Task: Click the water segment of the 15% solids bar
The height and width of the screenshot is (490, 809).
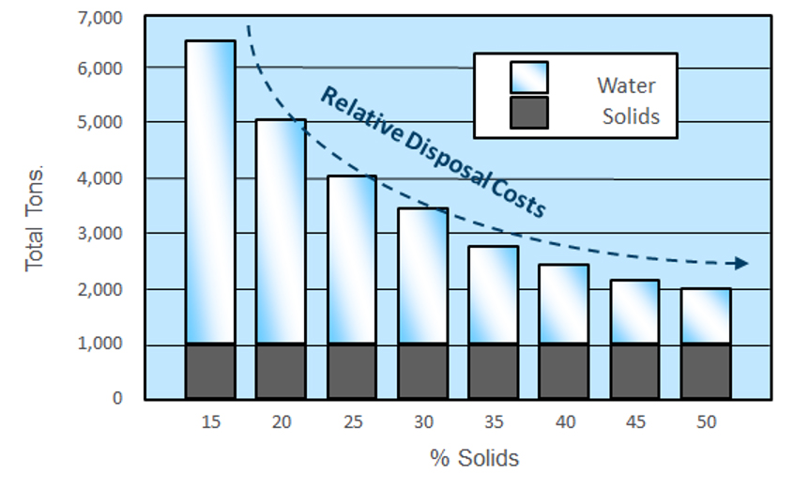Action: coord(210,192)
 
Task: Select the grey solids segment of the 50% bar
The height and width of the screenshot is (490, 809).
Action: coord(706,371)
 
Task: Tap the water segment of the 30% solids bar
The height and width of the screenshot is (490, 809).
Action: coord(422,276)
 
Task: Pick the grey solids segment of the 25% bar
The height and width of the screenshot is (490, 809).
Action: coord(352,371)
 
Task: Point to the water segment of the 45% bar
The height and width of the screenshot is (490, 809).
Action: coord(635,312)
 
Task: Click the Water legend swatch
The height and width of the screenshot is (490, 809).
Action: coord(528,78)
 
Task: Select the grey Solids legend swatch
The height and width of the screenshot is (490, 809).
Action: coord(528,115)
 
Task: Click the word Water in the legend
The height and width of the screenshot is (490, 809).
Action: coord(626,85)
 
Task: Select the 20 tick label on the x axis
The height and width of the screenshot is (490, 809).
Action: coord(281,423)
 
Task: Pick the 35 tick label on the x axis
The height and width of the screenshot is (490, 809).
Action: coord(494,423)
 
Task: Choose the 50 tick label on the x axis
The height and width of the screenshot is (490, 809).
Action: coord(706,423)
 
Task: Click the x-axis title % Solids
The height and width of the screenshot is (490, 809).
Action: coord(474,458)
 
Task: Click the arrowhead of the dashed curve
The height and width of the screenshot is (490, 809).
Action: coord(741,263)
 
